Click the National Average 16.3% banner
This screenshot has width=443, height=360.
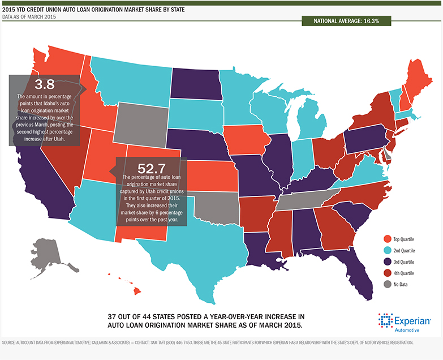[x=346, y=21]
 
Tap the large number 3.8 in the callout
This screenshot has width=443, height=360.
[x=44, y=84]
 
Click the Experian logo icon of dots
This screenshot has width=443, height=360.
[x=385, y=320]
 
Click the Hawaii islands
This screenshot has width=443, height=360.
[x=136, y=289]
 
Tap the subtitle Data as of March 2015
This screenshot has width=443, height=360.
[x=29, y=18]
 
